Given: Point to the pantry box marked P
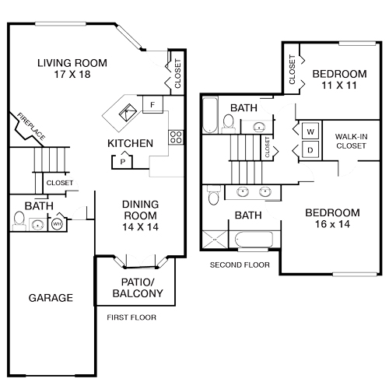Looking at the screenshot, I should (122, 161).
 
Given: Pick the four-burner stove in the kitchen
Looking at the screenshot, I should (176, 138).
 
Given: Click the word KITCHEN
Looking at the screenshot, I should (130, 143).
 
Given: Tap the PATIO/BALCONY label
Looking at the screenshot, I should (138, 287).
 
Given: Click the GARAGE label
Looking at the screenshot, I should (51, 298).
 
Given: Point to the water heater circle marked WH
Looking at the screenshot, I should (57, 225).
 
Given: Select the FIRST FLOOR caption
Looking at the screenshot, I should (131, 317).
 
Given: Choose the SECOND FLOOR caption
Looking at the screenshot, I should (240, 265).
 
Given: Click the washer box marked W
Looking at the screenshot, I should (310, 130).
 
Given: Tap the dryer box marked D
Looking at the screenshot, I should (310, 149).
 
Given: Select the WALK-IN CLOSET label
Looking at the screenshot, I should (351, 140).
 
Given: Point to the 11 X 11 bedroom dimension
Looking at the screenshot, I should (339, 87).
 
